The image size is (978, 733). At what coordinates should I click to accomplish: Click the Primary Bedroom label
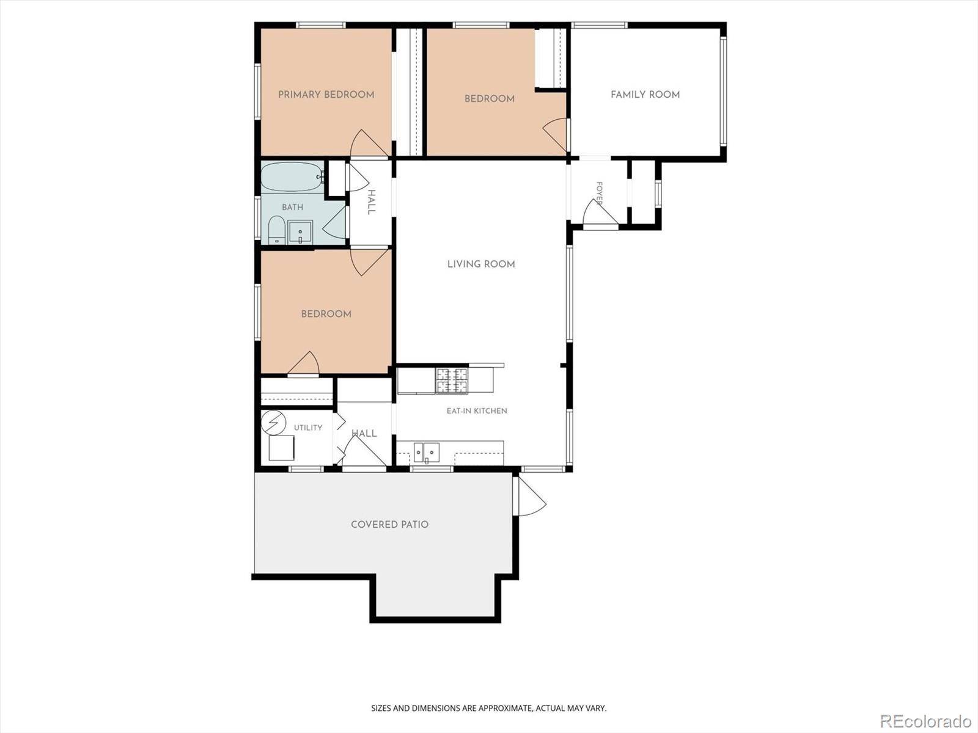tap(326, 94)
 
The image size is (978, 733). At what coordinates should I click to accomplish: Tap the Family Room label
tap(645, 94)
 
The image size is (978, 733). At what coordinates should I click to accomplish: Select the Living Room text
tap(481, 264)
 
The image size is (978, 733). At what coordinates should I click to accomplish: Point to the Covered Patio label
tap(389, 524)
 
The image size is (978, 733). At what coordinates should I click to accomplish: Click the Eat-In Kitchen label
tap(477, 410)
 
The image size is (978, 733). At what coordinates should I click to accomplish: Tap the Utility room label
tap(308, 428)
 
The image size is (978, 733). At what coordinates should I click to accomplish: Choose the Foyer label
tap(599, 193)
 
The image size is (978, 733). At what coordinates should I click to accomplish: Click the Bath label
tap(292, 207)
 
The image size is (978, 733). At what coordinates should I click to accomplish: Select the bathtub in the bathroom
tap(292, 177)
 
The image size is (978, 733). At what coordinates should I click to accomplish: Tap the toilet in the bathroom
tap(277, 230)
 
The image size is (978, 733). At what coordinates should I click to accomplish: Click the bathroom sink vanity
tap(300, 232)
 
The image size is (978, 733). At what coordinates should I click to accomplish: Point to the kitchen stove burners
tap(451, 381)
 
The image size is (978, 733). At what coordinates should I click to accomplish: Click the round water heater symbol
tap(274, 422)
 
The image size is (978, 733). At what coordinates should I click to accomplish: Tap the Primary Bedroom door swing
tap(368, 144)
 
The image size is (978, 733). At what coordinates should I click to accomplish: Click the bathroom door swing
tap(333, 222)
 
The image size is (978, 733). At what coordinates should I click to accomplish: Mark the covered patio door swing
tap(530, 496)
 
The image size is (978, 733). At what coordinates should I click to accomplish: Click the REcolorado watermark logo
tap(925, 721)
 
